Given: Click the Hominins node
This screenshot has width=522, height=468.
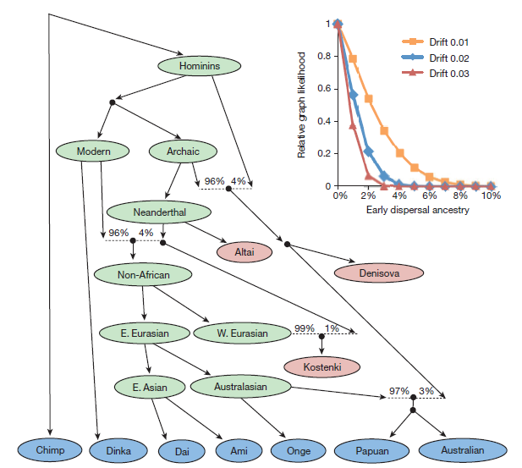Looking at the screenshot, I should tap(199, 66).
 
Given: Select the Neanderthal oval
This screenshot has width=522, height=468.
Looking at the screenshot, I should tap(159, 212).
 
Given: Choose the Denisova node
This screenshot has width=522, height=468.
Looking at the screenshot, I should tap(378, 273).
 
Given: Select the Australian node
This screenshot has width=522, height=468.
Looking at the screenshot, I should tap(463, 450).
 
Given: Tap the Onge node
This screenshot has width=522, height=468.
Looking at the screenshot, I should tap(298, 450).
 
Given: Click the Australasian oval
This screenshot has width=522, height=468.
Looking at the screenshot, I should tap(241, 387).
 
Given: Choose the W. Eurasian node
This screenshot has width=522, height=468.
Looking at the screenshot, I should tap(242, 333).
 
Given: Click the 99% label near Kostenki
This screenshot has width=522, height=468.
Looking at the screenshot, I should tap(304, 328).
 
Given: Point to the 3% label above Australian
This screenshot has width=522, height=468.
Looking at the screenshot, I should tap(426, 391).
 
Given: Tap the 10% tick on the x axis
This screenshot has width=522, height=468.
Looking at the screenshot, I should tap(492, 195).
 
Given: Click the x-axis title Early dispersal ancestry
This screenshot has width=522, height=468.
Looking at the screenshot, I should tap(415, 209).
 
